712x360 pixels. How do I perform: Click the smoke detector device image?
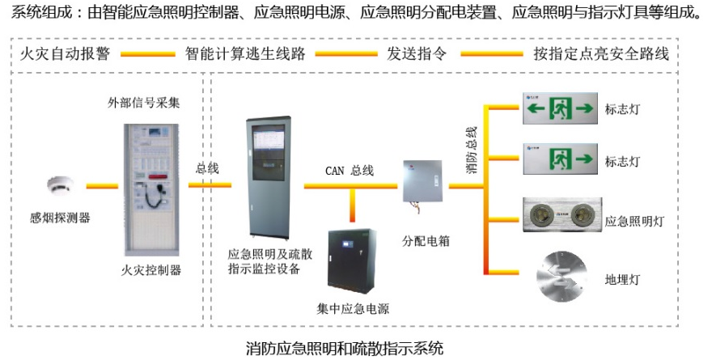(59, 184)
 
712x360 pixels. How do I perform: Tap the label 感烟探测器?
(60, 217)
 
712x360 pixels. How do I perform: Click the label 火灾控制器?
(156, 269)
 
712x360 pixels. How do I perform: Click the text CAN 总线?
(350, 170)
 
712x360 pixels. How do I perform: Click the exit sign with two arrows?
(559, 107)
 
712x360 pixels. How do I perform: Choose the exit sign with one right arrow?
(559, 157)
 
